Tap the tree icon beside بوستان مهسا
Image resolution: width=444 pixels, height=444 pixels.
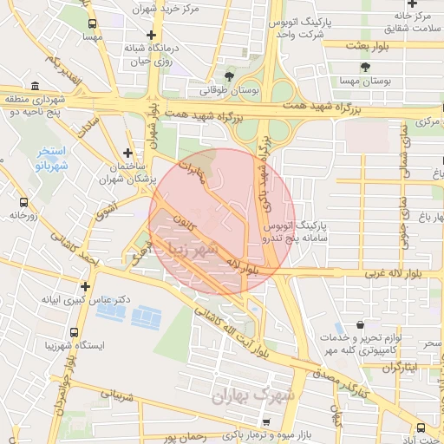(x=369, y=67)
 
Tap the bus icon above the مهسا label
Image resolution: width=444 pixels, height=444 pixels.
(x=91, y=23)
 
